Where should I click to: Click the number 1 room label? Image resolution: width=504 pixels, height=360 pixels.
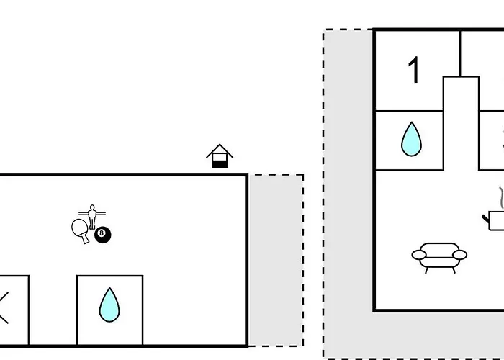click(414, 70)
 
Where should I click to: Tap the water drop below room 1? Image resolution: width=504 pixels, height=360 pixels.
click(411, 139)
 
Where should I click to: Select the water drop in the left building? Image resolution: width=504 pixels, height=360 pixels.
click(109, 305)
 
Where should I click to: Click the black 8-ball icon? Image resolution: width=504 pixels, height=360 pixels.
click(102, 235)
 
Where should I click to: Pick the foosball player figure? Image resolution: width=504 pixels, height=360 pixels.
click(92, 217)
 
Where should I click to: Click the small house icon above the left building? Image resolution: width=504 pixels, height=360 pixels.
click(220, 156)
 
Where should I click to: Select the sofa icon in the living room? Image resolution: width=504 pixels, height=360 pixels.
click(439, 258)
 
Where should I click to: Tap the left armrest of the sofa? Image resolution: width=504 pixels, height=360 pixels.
click(419, 255)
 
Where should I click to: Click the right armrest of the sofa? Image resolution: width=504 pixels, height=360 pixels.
click(459, 255)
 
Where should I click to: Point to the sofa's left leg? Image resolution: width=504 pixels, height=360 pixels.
click(426, 270)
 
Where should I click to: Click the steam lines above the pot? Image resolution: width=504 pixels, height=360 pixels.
click(501, 198)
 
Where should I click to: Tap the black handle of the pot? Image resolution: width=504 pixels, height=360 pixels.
click(486, 219)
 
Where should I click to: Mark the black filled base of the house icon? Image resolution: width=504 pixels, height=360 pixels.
click(220, 164)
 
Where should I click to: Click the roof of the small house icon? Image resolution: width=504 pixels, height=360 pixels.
click(220, 150)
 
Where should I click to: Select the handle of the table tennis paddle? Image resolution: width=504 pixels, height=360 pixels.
click(86, 239)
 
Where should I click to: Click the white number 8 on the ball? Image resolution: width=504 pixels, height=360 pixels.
click(102, 233)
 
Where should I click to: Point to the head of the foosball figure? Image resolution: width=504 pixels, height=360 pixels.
click(92, 207)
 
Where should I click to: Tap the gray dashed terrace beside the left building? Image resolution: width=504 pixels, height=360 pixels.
click(276, 261)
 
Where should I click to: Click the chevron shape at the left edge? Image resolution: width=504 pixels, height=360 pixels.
click(4, 307)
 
